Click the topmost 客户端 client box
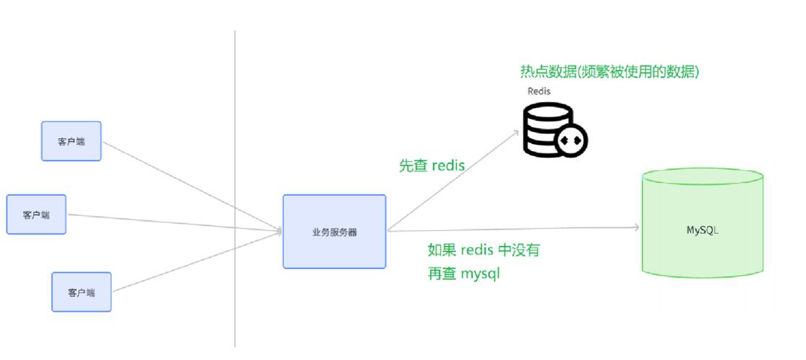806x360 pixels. coord(71,141)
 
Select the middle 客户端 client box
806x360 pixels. coord(36,215)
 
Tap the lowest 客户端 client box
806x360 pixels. coord(81,292)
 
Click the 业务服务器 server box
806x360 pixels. coord(334,232)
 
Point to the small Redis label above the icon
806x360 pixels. coord(539,91)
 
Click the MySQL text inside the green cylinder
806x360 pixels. coord(702,230)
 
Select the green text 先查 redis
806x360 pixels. coord(431,166)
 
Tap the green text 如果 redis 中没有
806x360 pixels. coord(483,251)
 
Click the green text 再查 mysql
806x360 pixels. coord(464,274)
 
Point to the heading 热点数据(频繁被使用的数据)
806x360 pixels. coord(609,71)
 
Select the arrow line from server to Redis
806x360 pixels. coord(454,180)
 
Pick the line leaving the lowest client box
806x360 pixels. coord(194,261)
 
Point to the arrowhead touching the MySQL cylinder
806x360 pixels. coord(637,228)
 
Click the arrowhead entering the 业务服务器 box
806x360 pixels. coord(278,231)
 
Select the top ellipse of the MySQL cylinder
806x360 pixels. coord(702,176)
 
